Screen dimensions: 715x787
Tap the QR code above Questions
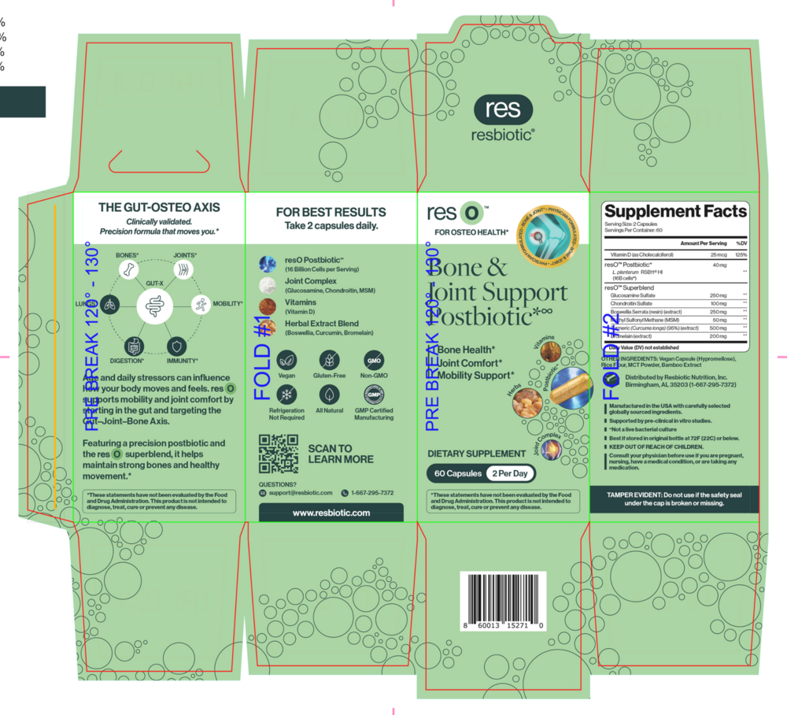pyautogui.click(x=279, y=454)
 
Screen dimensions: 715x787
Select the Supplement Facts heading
pyautogui.click(x=675, y=211)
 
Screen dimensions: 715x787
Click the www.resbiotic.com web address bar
pyautogui.click(x=331, y=513)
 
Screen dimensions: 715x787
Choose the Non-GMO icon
pyautogui.click(x=374, y=360)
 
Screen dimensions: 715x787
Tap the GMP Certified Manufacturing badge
pyautogui.click(x=374, y=395)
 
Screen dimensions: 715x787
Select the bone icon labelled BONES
pyautogui.click(x=127, y=270)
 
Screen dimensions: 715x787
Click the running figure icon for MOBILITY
pyautogui.click(x=201, y=304)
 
